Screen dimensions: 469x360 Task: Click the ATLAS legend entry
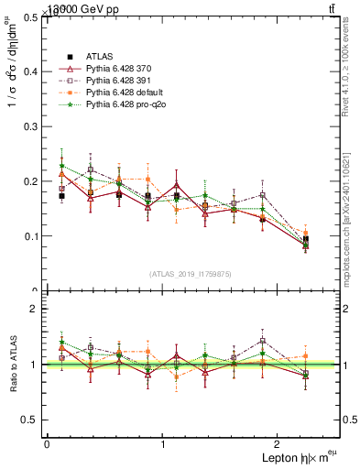pos(100,56)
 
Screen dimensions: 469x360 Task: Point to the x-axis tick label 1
pos(163,443)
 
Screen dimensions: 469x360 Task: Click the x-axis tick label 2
pos(279,443)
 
